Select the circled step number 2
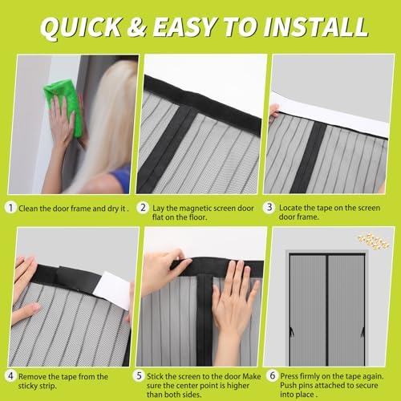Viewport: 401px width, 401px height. click(x=144, y=207)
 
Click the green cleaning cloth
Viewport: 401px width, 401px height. click(x=63, y=96)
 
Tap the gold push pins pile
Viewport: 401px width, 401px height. click(x=374, y=237)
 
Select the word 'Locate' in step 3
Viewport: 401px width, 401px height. click(x=292, y=207)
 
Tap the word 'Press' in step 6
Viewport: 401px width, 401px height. click(x=290, y=375)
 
